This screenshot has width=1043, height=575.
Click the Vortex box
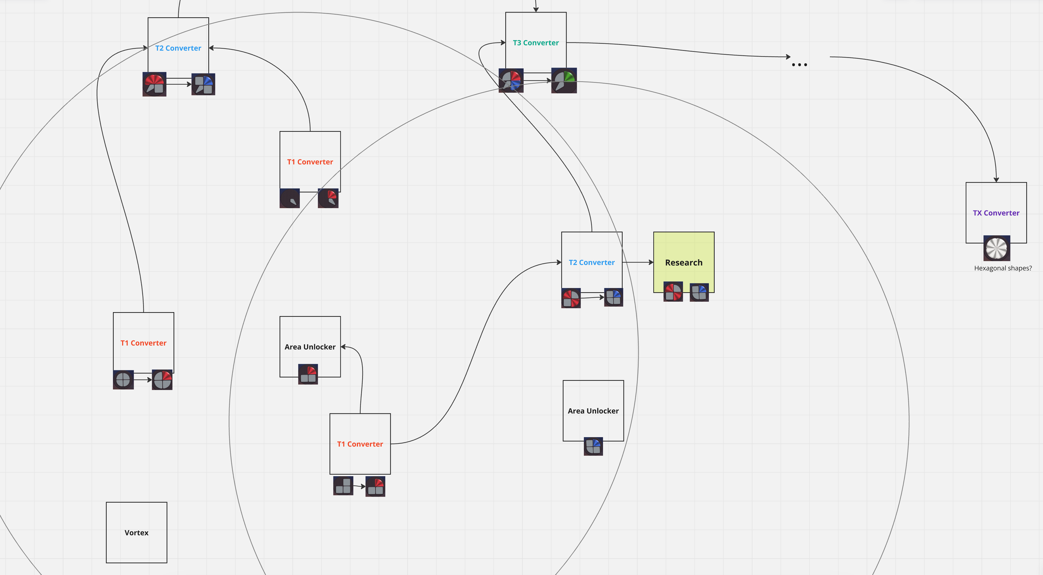pyautogui.click(x=137, y=533)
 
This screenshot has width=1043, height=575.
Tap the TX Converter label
pyautogui.click(x=996, y=213)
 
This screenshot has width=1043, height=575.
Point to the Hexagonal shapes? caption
pyautogui.click(x=1002, y=268)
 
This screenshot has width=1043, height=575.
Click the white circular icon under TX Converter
pyautogui.click(x=996, y=248)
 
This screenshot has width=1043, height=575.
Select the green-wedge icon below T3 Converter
pyautogui.click(x=564, y=80)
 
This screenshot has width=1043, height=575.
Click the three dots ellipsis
pyautogui.click(x=799, y=65)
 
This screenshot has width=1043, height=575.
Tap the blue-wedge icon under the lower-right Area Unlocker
pyautogui.click(x=593, y=447)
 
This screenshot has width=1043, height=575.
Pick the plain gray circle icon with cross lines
pyautogui.click(x=123, y=380)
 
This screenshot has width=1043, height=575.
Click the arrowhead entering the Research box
pyautogui.click(x=651, y=262)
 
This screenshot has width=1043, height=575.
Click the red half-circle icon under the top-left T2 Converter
pyautogui.click(x=154, y=84)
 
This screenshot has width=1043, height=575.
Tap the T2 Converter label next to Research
pyautogui.click(x=591, y=262)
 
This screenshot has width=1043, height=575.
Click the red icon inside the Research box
pyautogui.click(x=673, y=291)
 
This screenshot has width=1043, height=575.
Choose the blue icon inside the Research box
pyautogui.click(x=699, y=292)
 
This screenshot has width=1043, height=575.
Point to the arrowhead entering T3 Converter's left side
pyautogui.click(x=503, y=42)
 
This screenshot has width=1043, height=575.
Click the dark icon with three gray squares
pyautogui.click(x=343, y=486)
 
